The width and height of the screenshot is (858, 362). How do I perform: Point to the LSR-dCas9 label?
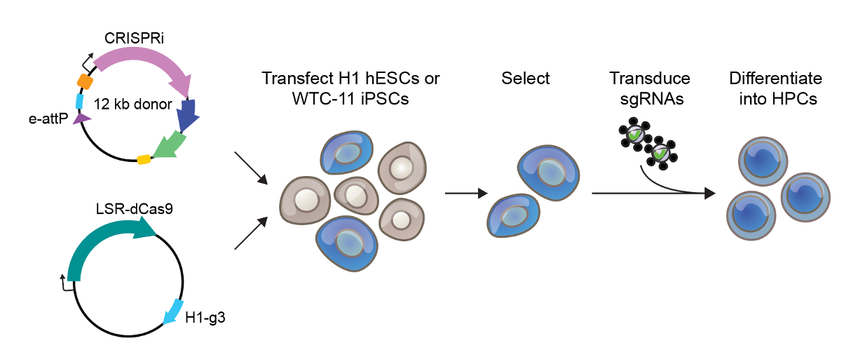pos(135,208)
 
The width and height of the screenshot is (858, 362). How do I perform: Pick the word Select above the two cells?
pos(526,78)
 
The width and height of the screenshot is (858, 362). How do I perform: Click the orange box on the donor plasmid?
pos(85,81)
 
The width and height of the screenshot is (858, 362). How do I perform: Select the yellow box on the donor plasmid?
pos(144,159)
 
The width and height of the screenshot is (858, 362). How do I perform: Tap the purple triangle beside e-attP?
pos(82,119)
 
